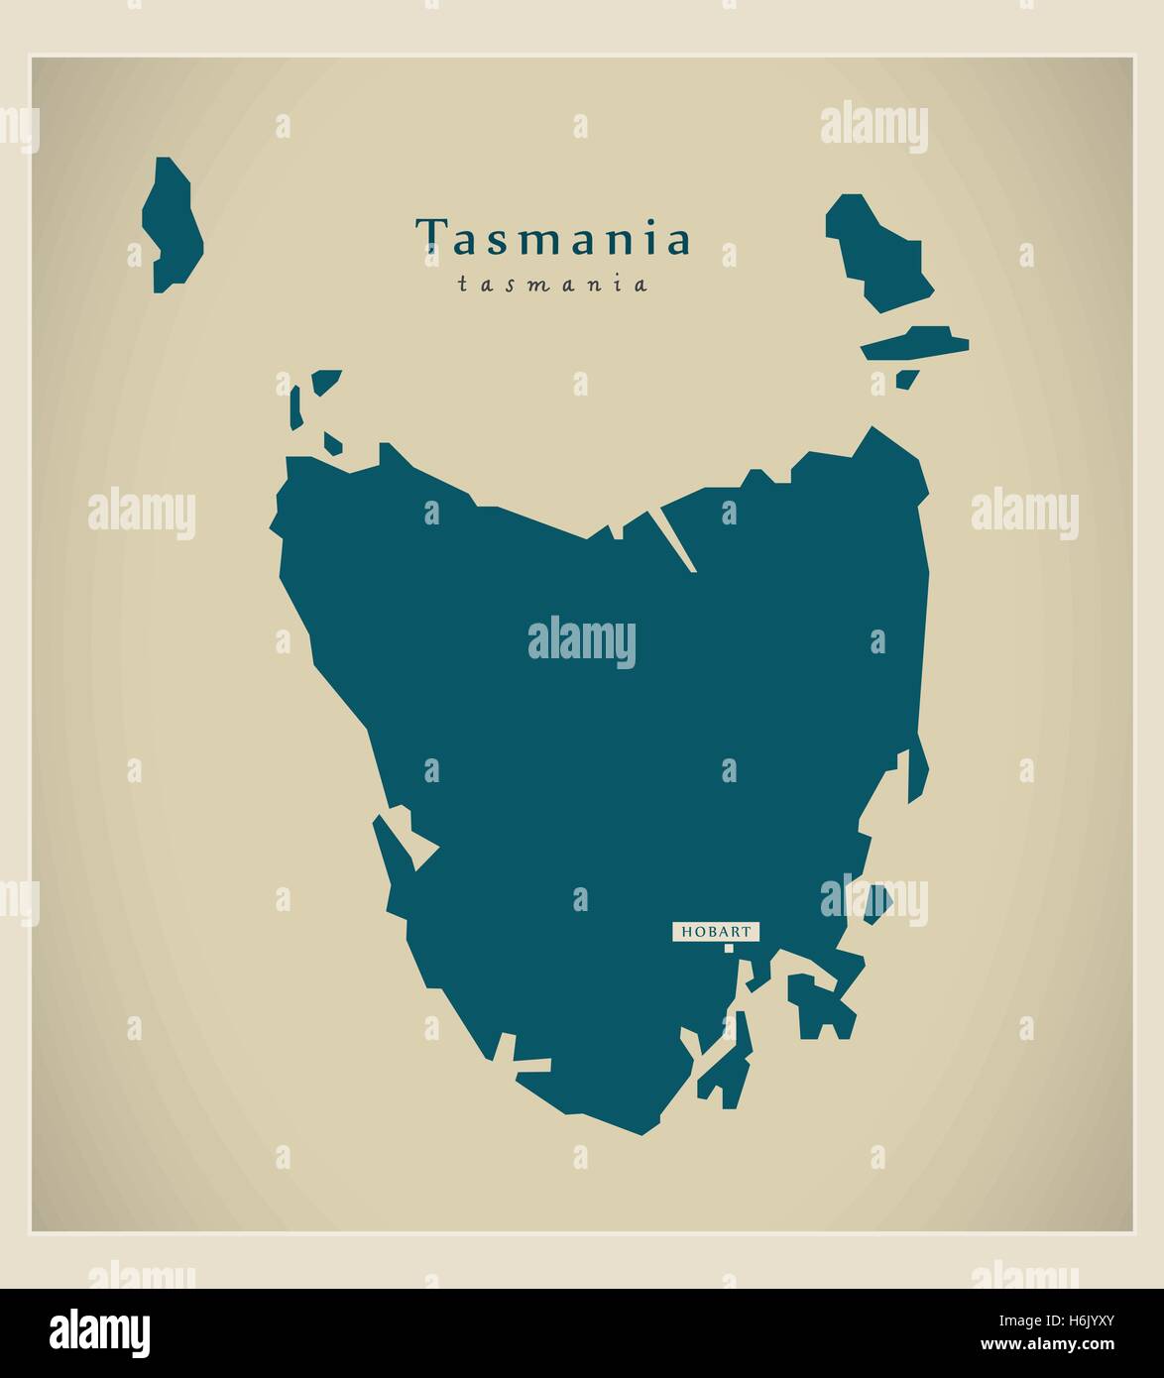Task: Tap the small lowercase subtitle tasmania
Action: pyautogui.click(x=553, y=285)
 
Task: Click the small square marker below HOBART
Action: pyautogui.click(x=729, y=949)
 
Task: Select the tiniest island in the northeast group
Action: pyautogui.click(x=906, y=378)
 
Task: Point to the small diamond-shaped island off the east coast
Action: pyautogui.click(x=876, y=903)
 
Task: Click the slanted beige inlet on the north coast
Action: pyautogui.click(x=674, y=540)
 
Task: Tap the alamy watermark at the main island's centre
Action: pyautogui.click(x=582, y=642)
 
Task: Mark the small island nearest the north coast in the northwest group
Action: pyautogui.click(x=331, y=442)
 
